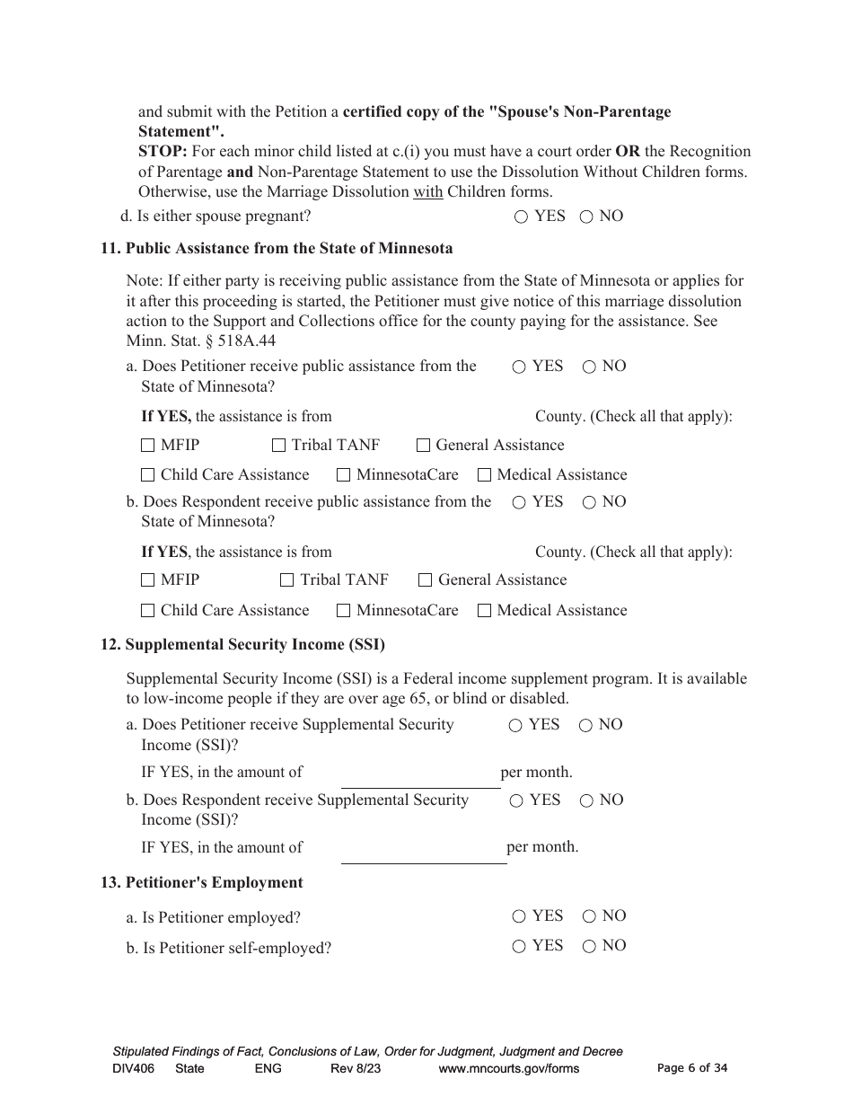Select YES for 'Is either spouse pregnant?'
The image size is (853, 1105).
tap(521, 217)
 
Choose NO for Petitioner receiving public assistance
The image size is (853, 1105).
tap(589, 367)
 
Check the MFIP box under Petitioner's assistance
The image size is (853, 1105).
tap(148, 446)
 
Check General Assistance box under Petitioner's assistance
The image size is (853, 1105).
tap(423, 446)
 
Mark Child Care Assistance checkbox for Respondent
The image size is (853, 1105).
tap(148, 611)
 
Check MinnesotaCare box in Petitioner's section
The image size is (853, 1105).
tap(343, 475)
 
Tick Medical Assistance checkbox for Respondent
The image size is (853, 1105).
tap(485, 611)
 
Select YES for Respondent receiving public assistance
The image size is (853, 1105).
tap(519, 503)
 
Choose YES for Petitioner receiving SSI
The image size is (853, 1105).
tap(515, 726)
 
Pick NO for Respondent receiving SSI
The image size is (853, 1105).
tap(586, 801)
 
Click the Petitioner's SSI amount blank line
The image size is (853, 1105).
tap(420, 778)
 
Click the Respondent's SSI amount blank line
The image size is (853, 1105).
tap(423, 853)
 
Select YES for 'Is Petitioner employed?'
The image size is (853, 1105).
tap(519, 917)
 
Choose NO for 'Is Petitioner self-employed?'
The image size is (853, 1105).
tap(589, 947)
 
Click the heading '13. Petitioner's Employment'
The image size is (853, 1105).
tap(202, 883)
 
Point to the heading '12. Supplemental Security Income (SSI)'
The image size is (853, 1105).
tap(242, 645)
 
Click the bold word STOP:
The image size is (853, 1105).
tap(163, 152)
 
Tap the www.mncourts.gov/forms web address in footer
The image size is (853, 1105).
tap(508, 1069)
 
